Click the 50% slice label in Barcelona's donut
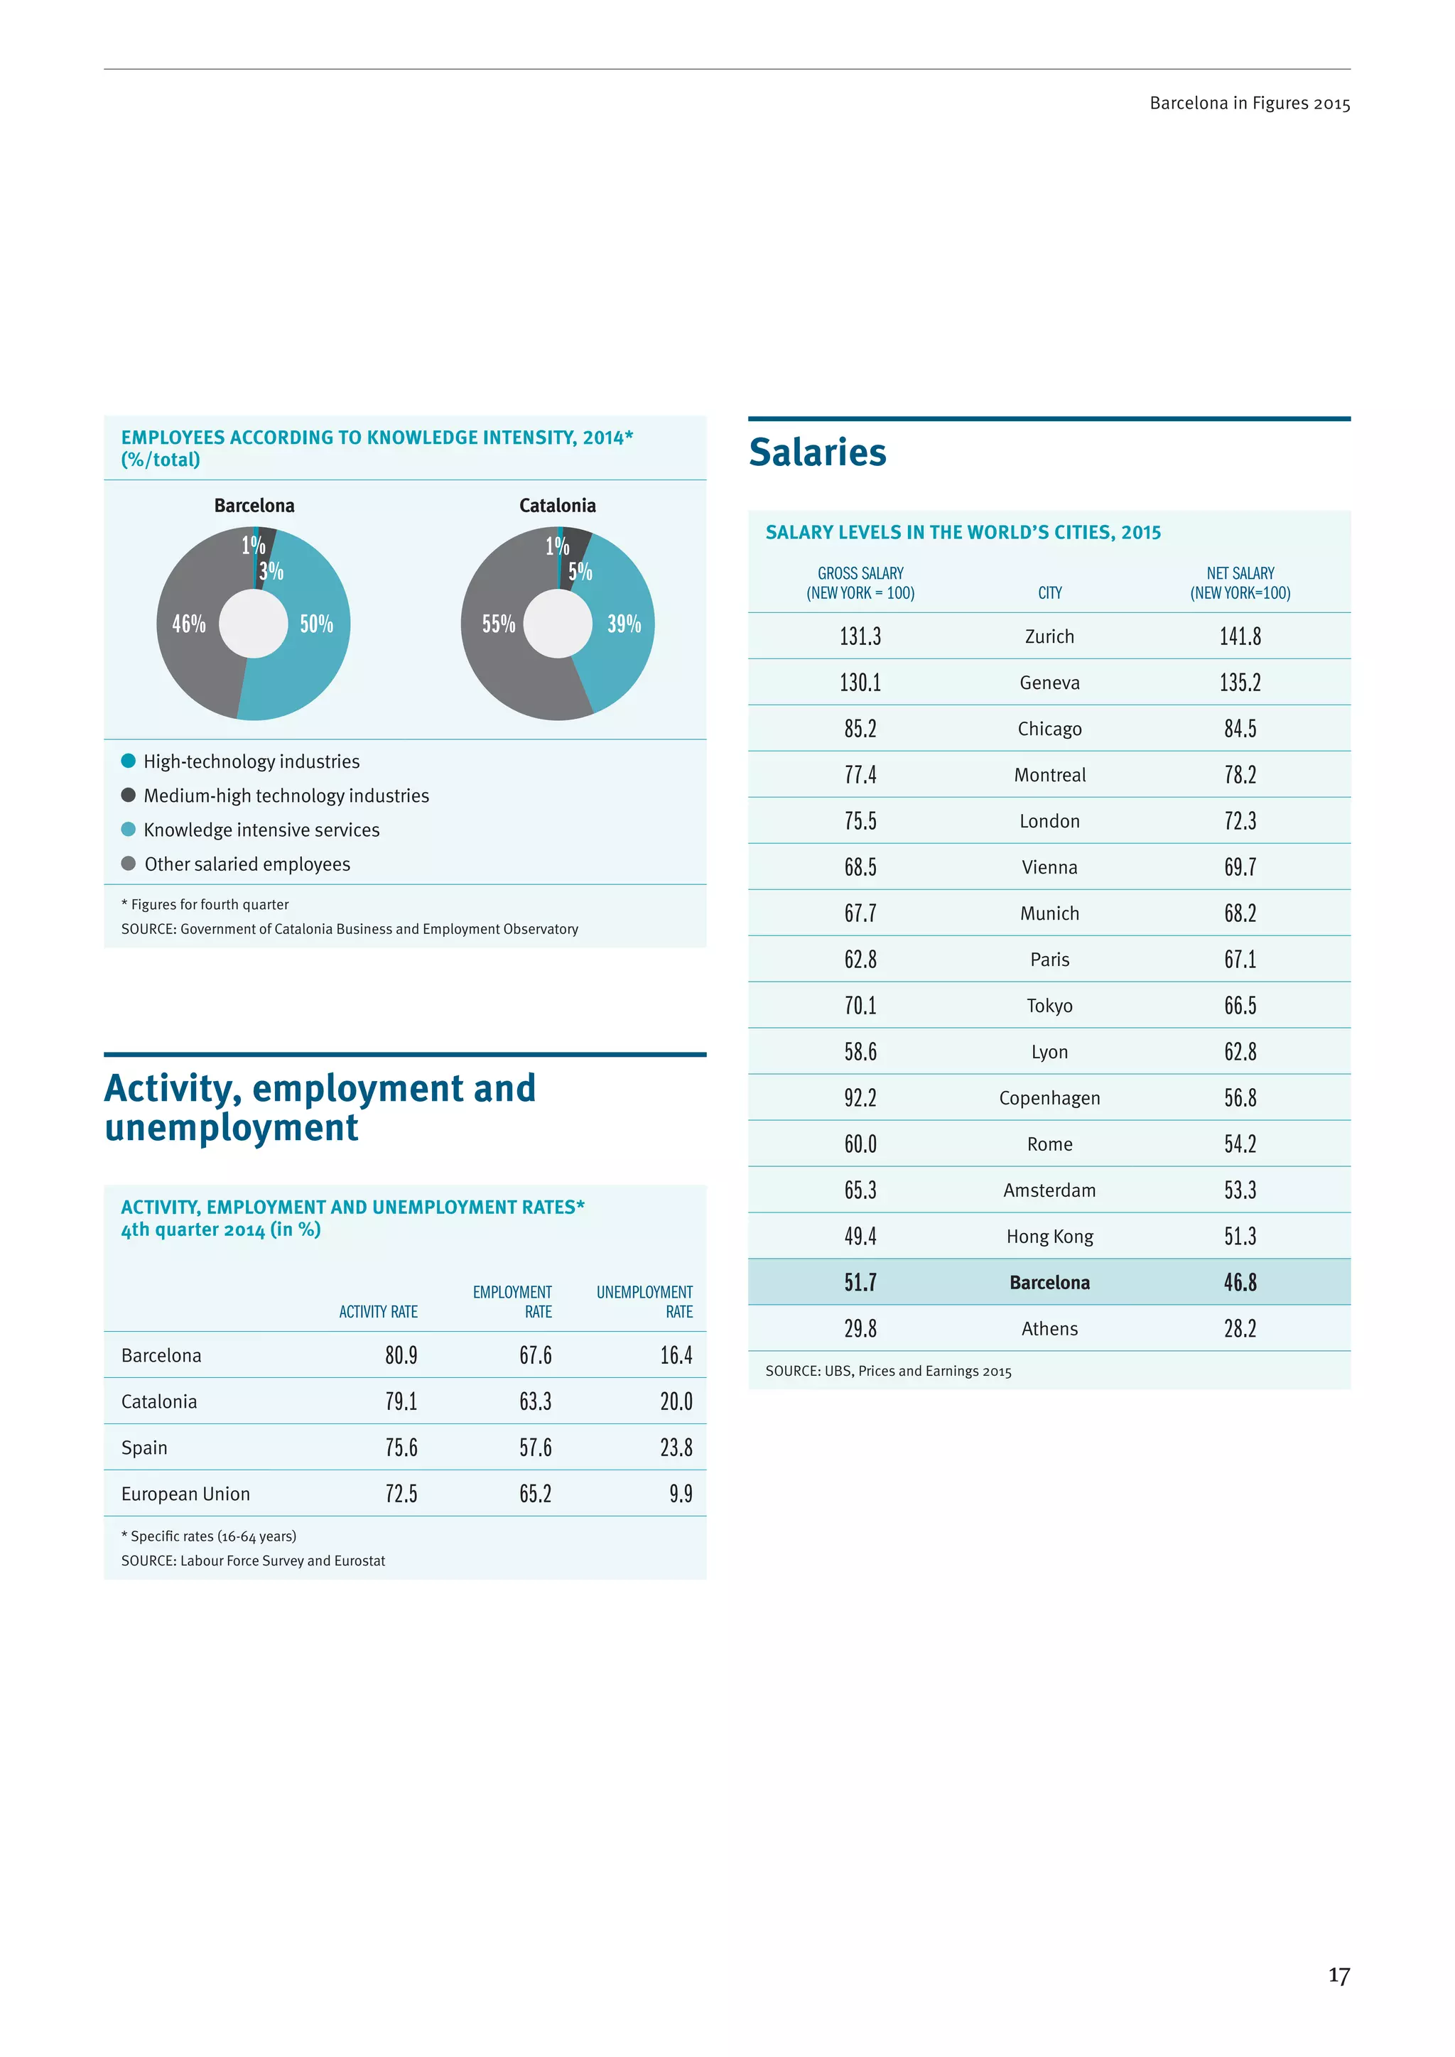pyautogui.click(x=316, y=624)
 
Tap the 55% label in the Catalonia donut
pyautogui.click(x=498, y=624)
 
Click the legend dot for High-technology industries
pyautogui.click(x=128, y=761)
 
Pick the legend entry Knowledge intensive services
pyautogui.click(x=261, y=830)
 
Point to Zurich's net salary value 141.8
pyautogui.click(x=1240, y=636)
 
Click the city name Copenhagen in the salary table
pyautogui.click(x=1049, y=1097)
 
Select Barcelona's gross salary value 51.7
pyautogui.click(x=860, y=1282)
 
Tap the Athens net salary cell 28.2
pyautogui.click(x=1240, y=1329)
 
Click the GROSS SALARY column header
pyautogui.click(x=860, y=582)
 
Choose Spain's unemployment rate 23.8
pyautogui.click(x=676, y=1448)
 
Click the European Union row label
pyautogui.click(x=185, y=1494)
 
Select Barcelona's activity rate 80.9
pyautogui.click(x=401, y=1355)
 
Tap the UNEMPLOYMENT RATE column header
pyautogui.click(x=644, y=1302)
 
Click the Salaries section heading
pyautogui.click(x=817, y=452)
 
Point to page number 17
pyautogui.click(x=1338, y=1975)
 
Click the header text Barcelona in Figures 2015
pyautogui.click(x=1249, y=103)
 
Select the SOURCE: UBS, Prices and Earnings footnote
pyautogui.click(x=888, y=1371)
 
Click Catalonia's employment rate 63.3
pyautogui.click(x=535, y=1401)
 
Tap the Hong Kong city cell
pyautogui.click(x=1049, y=1237)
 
